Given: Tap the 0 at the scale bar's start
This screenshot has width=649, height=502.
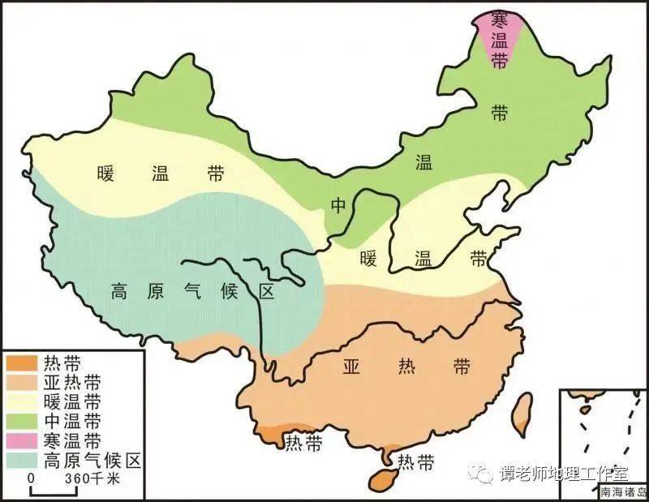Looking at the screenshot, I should pyautogui.click(x=31, y=479).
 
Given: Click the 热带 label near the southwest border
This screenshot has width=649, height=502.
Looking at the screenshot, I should pyautogui.click(x=302, y=442).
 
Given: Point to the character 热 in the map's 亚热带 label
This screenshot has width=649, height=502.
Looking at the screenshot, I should pyautogui.click(x=406, y=367).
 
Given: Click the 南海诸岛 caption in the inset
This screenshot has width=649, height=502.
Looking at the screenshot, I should pyautogui.click(x=624, y=491).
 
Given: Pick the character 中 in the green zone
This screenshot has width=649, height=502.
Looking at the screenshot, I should pyautogui.click(x=338, y=205).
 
